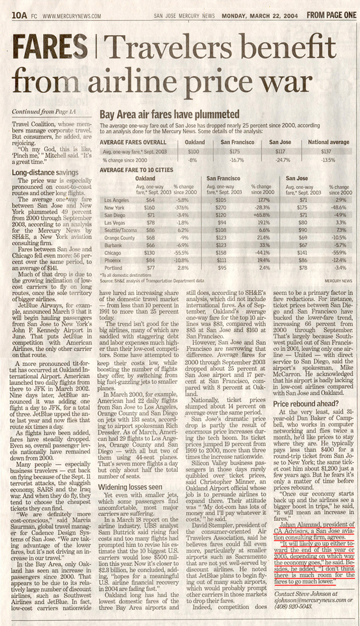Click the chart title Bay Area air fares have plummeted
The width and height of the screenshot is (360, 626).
[x=169, y=115]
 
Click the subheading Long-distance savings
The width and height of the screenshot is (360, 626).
[x=45, y=172]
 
